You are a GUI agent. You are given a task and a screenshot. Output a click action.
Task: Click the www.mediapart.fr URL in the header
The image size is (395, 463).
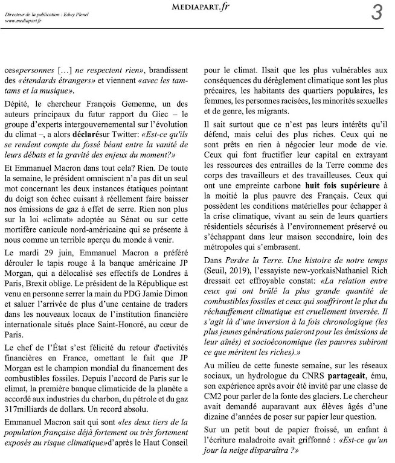[x=23, y=21]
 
